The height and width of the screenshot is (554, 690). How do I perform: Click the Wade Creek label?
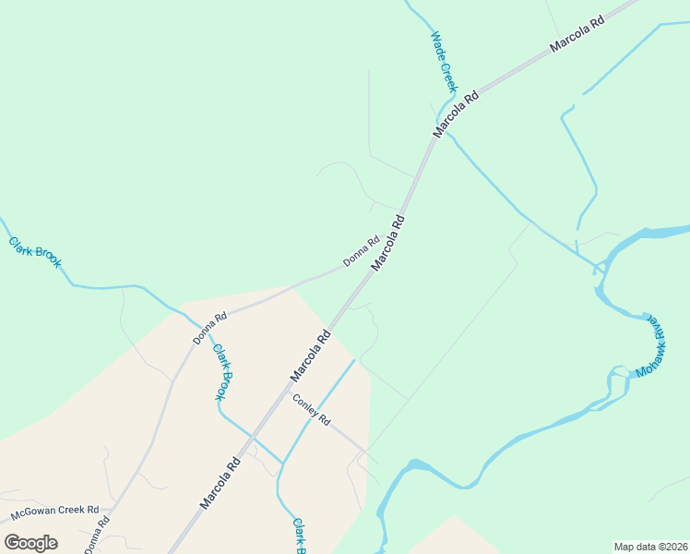coord(444,62)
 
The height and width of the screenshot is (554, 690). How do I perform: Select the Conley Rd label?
coord(312,410)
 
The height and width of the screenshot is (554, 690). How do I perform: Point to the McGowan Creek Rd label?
coord(54,512)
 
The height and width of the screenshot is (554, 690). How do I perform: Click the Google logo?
coord(30,542)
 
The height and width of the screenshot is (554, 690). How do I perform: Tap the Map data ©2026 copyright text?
coord(650,547)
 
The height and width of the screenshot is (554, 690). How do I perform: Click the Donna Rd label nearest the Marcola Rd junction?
coord(361,252)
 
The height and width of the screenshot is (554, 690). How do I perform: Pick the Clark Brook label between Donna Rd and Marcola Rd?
coord(222,371)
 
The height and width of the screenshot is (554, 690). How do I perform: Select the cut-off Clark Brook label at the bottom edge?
coord(300,536)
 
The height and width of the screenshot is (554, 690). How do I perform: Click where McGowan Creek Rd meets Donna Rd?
coord(112,509)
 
